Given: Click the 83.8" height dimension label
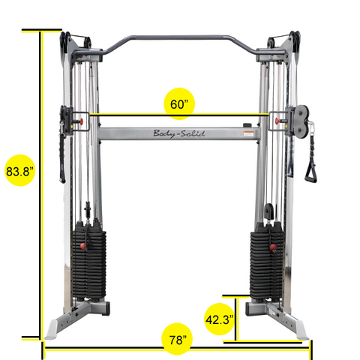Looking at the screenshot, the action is click(x=19, y=172).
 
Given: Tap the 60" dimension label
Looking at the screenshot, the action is click(x=179, y=104).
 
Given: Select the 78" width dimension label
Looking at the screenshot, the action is click(x=178, y=340).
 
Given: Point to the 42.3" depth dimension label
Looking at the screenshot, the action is click(x=219, y=319).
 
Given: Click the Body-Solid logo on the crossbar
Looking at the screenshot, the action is click(x=179, y=133).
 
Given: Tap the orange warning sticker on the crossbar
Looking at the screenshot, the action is click(x=248, y=133).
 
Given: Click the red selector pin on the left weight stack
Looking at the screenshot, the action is click(x=84, y=246).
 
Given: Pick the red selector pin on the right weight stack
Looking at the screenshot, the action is click(x=273, y=247).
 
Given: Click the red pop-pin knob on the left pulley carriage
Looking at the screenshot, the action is click(x=80, y=121).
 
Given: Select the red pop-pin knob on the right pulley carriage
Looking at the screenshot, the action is click(x=277, y=121).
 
